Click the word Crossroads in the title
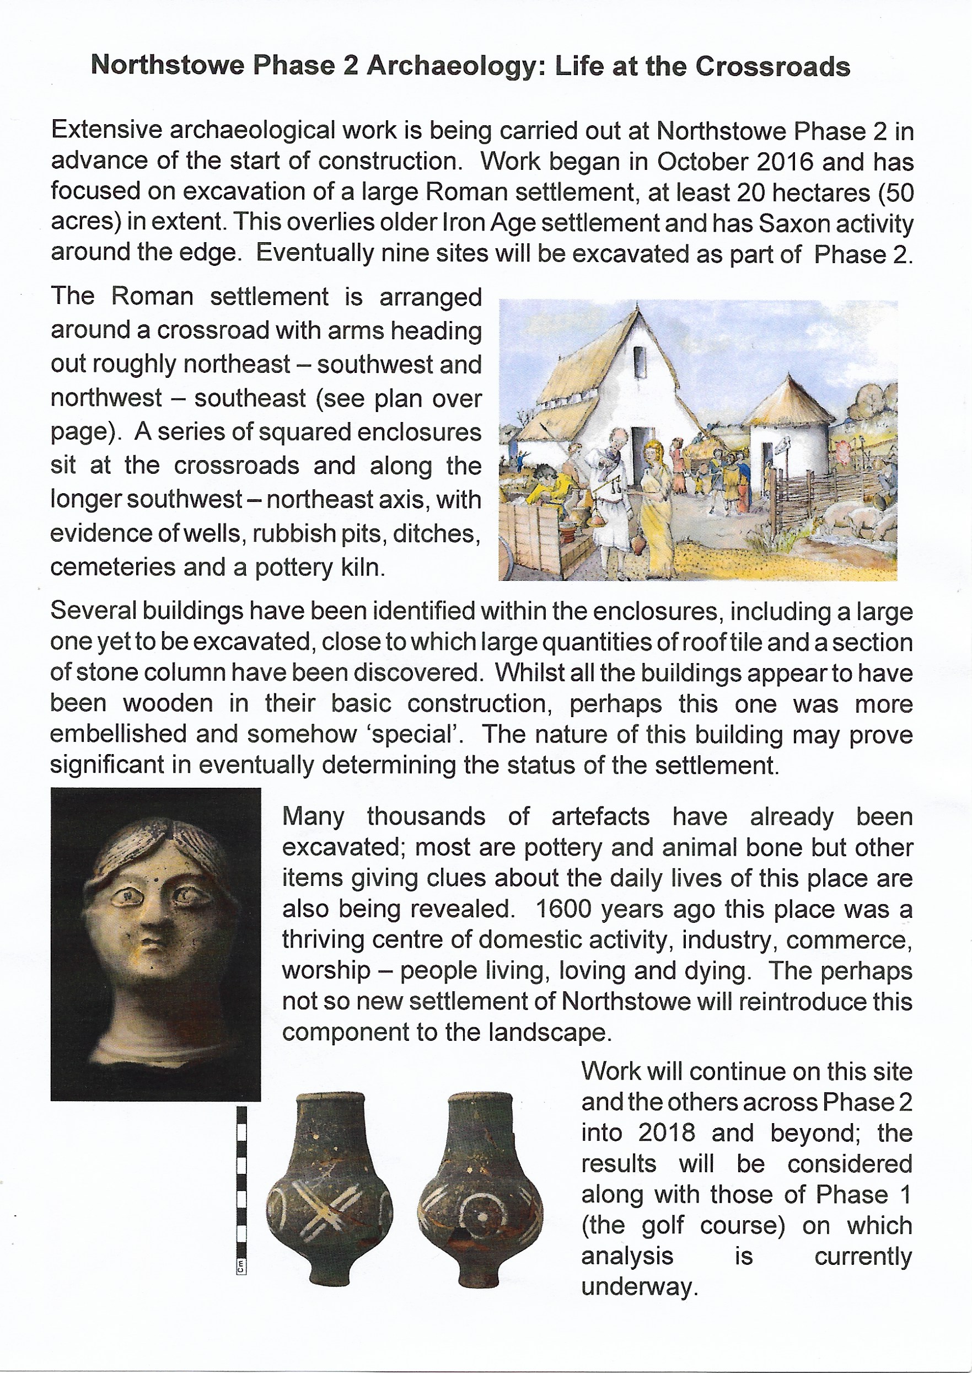tap(772, 66)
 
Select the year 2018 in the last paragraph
tap(666, 1133)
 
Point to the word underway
tap(638, 1287)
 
